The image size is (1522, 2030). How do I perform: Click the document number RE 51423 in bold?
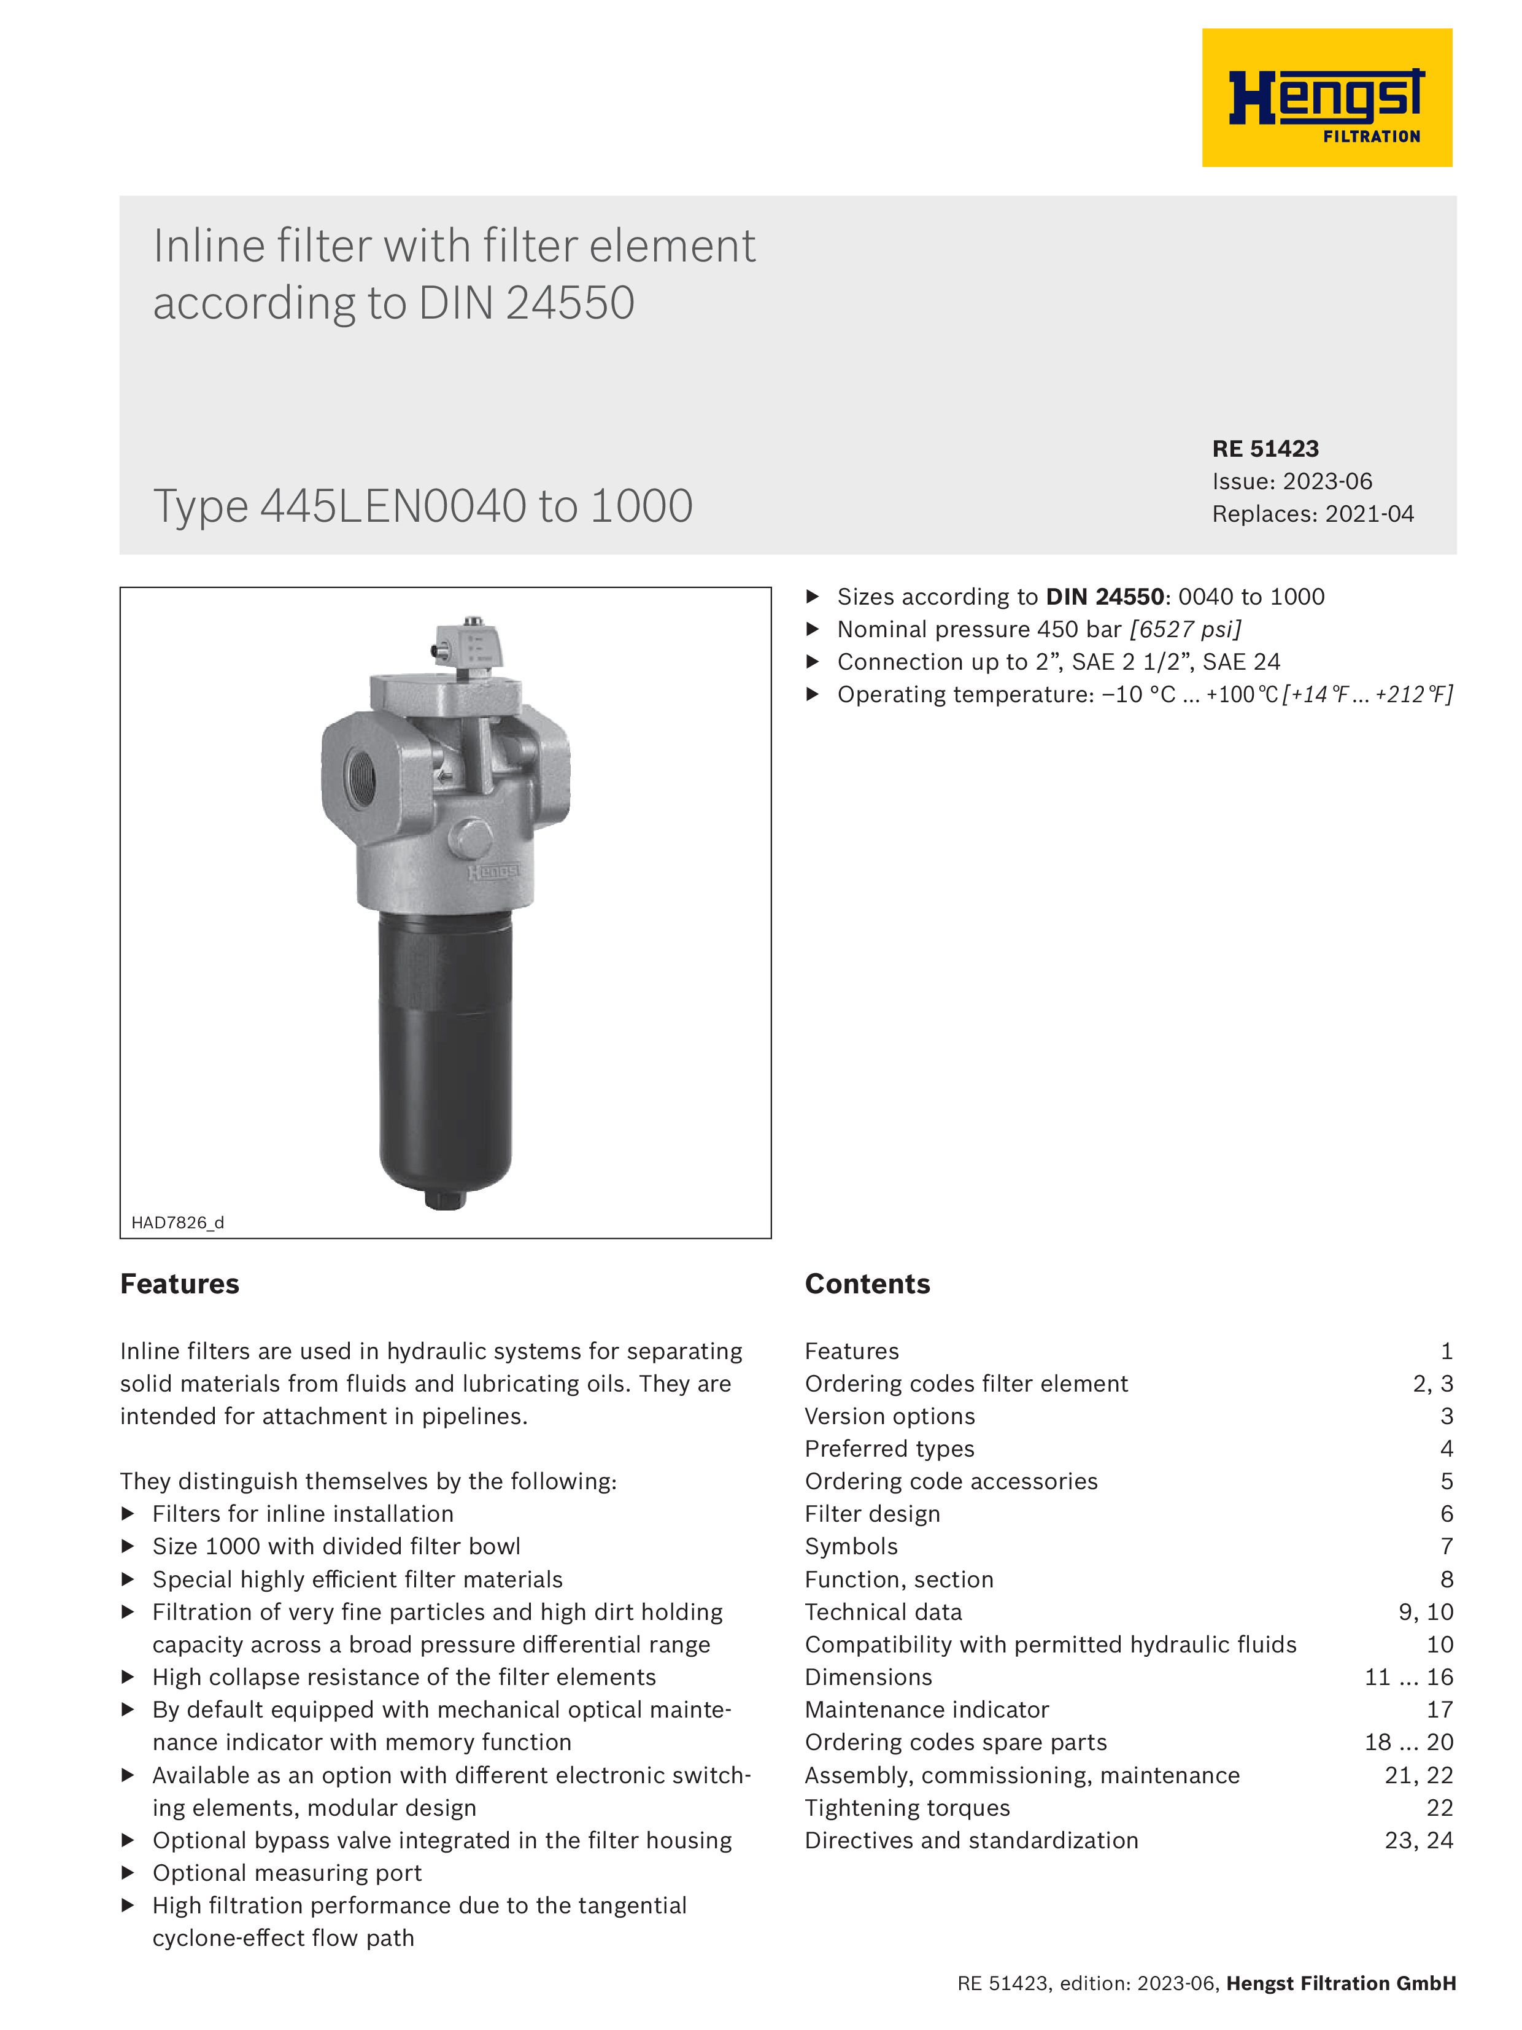click(x=1265, y=449)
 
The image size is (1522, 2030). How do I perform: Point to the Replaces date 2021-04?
click(x=1368, y=514)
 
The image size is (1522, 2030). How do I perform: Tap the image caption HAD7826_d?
click(x=177, y=1222)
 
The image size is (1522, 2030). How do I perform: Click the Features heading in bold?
click(x=180, y=1284)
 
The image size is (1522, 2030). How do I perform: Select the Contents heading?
click(x=867, y=1284)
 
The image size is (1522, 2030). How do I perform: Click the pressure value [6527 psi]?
click(x=1185, y=630)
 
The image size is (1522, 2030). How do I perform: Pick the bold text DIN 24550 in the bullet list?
click(x=1105, y=597)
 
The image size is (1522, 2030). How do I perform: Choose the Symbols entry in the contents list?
click(x=851, y=1546)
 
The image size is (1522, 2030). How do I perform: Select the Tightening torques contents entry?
click(x=906, y=1808)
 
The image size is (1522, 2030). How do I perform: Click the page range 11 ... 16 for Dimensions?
click(x=1408, y=1678)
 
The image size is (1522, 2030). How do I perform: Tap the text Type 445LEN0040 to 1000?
click(x=422, y=506)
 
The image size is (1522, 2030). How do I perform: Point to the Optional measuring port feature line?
click(x=286, y=1873)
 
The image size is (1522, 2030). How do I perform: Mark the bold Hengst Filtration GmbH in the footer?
click(x=1340, y=1983)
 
